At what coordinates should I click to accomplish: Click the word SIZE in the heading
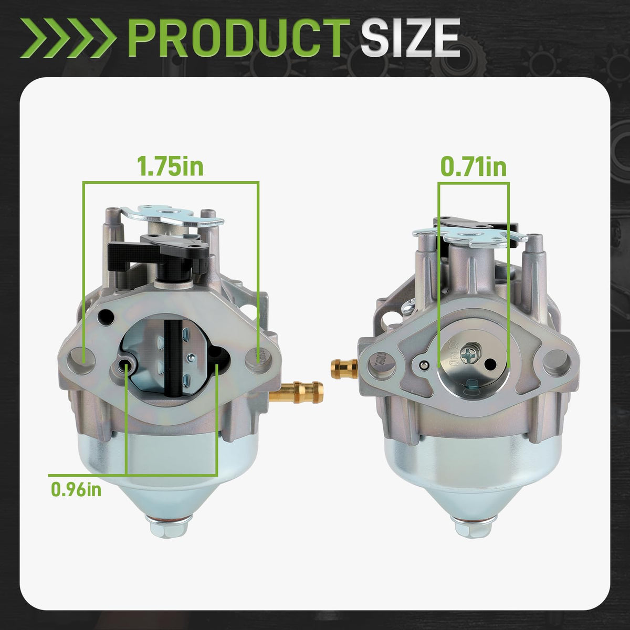[x=409, y=38]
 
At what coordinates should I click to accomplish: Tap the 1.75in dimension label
[x=170, y=166]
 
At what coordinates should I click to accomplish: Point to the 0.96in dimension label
[x=76, y=489]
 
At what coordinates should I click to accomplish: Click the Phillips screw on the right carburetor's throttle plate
[x=468, y=354]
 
